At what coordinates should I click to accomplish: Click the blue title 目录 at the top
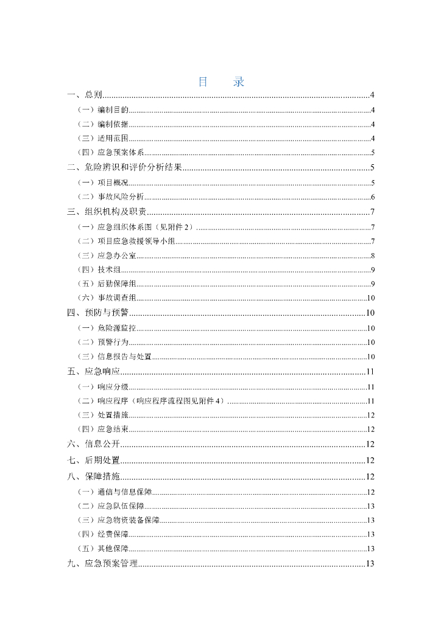[220, 82]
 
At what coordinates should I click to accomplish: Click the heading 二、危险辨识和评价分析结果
[125, 168]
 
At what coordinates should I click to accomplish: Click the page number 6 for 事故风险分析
[372, 197]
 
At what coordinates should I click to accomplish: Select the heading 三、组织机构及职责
[107, 212]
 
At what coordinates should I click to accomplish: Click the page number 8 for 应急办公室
[372, 256]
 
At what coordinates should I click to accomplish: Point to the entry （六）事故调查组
[107, 298]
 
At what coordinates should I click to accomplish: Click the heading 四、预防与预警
[97, 313]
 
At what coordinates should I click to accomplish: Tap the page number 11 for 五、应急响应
[370, 371]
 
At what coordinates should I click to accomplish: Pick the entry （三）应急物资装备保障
[119, 520]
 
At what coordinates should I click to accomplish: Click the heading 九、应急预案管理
[102, 563]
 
